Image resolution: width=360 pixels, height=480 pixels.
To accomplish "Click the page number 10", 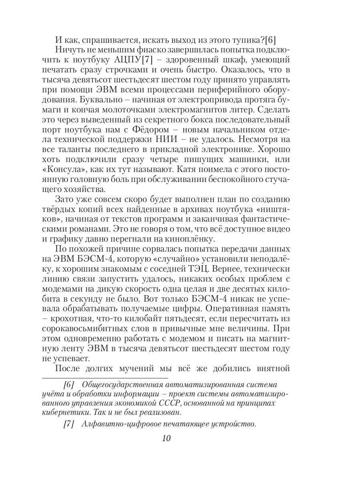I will point(166,438).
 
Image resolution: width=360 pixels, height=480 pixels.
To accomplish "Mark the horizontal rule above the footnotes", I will point(105,378).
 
